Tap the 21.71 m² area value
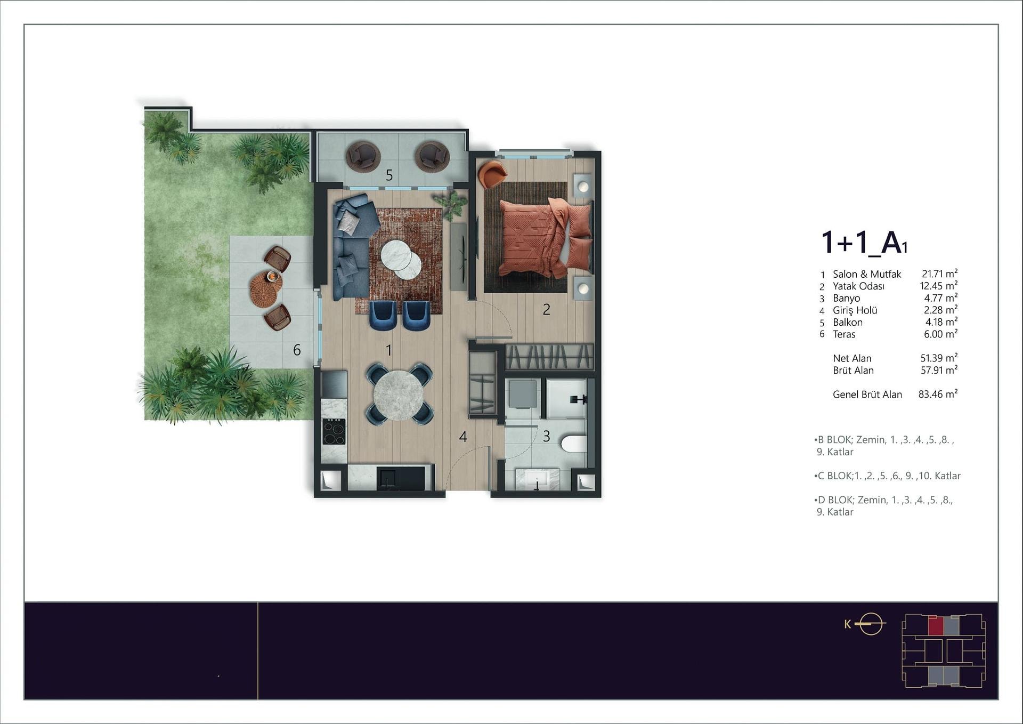[939, 274]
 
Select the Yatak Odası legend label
[858, 286]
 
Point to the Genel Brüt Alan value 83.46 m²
[938, 395]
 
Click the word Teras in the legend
[844, 334]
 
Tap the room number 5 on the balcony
[389, 175]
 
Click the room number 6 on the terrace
[297, 350]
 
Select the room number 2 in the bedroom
[546, 310]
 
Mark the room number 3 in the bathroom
[546, 437]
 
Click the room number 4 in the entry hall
[463, 437]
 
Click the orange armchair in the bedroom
[492, 174]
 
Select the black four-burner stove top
[334, 432]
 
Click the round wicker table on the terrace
[266, 289]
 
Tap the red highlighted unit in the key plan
[936, 625]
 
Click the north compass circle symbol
[871, 624]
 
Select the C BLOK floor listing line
[887, 476]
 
